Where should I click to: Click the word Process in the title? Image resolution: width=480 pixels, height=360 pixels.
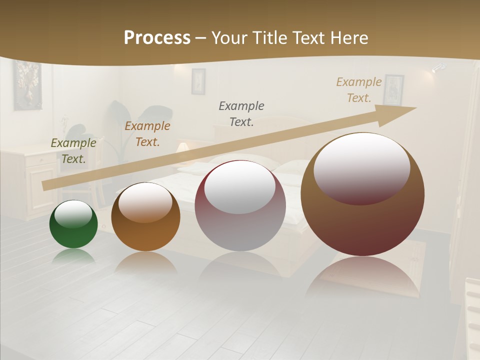[x=157, y=38]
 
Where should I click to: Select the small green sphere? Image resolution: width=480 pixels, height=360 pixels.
[x=73, y=224]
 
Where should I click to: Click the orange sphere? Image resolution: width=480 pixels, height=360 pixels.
[x=145, y=217]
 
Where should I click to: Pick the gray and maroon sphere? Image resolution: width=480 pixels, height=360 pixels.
[x=240, y=206]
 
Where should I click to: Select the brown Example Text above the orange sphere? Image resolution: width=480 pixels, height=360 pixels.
[x=147, y=134]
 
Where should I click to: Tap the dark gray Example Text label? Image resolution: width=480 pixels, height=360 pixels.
[x=241, y=113]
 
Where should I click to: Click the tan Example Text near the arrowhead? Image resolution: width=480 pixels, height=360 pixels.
[x=359, y=90]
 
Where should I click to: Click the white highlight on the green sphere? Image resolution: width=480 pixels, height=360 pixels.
[x=73, y=214]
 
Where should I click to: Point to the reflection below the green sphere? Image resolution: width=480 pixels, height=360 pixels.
[x=73, y=255]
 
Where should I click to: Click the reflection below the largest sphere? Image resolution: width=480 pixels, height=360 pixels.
[x=362, y=277]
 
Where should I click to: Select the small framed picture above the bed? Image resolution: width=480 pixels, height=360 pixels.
[x=198, y=81]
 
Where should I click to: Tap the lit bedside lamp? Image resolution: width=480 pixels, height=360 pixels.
[x=183, y=147]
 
